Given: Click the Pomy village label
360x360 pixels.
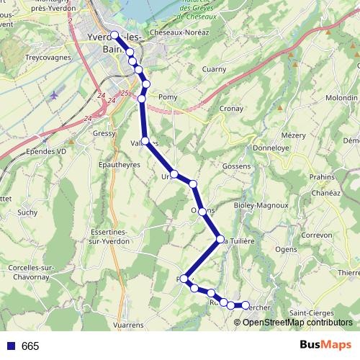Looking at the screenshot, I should tap(167, 96).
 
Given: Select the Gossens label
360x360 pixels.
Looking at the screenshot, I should tap(237, 166).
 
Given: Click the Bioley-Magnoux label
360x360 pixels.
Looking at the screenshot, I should tap(261, 204).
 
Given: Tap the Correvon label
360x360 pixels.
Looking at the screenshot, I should tap(315, 235).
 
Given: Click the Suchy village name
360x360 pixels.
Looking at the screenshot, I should tap(28, 212).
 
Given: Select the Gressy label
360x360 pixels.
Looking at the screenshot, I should tap(104, 134).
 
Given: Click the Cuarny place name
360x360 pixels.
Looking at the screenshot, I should tap(214, 69).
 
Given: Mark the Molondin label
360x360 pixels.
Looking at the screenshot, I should tap(341, 96).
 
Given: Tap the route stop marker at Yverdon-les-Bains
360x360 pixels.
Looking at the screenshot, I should tap(115, 35).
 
